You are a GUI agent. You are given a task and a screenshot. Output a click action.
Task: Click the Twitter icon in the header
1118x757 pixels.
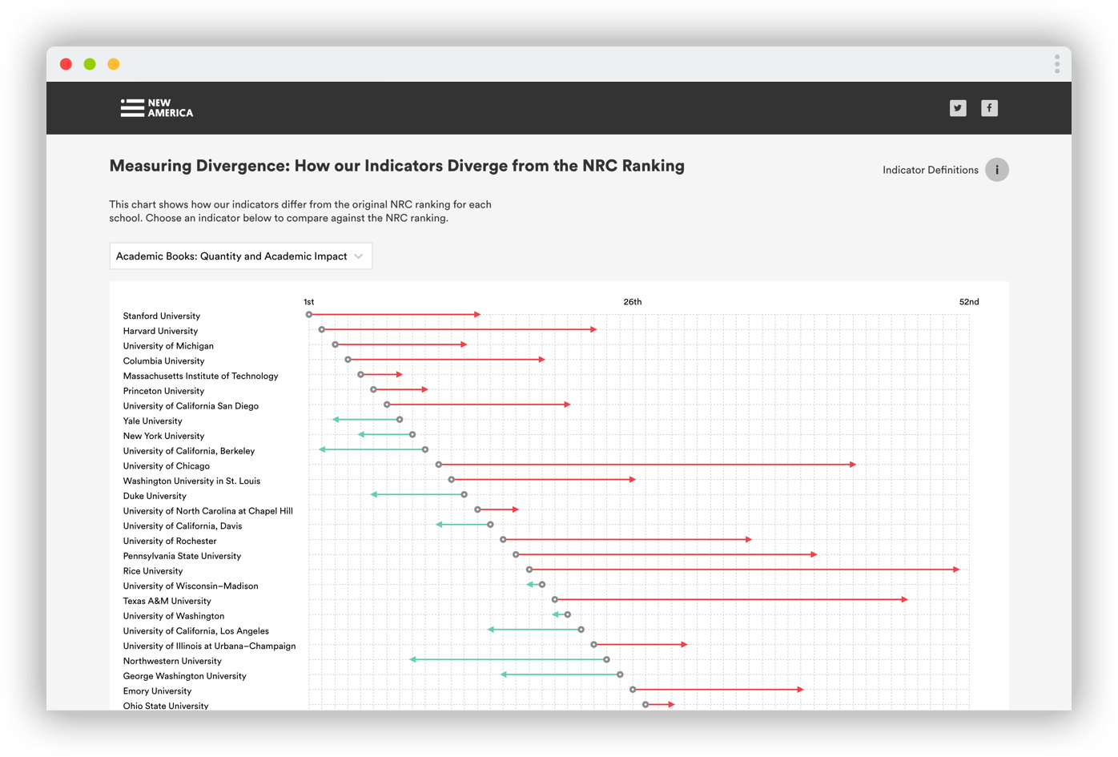(x=958, y=108)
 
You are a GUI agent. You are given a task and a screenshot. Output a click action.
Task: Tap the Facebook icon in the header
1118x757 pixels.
(x=990, y=108)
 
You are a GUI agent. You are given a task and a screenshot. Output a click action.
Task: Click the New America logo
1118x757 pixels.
(x=157, y=108)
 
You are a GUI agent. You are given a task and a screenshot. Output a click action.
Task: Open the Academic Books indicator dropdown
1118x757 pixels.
(x=240, y=256)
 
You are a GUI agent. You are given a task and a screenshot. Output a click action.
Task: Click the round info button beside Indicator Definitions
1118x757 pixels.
(x=996, y=170)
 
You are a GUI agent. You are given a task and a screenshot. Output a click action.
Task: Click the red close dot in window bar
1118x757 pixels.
(x=66, y=64)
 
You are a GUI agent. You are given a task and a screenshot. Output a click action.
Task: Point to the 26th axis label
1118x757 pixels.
(x=632, y=302)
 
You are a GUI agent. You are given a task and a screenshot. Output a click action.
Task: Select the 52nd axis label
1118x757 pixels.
(x=968, y=302)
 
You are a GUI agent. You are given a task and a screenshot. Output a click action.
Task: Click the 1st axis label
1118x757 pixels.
(x=308, y=302)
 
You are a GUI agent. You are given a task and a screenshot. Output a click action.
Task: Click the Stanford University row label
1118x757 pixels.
(x=162, y=316)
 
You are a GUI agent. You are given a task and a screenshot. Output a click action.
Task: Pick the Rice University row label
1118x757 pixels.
(x=153, y=571)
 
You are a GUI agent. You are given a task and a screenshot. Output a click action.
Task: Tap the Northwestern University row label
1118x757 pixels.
(x=172, y=661)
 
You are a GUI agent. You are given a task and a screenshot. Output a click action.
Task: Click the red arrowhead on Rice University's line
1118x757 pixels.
(x=956, y=570)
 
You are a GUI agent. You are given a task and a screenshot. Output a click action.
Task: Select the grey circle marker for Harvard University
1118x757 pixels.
(x=322, y=329)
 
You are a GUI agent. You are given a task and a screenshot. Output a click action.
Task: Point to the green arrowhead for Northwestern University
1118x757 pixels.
(x=413, y=659)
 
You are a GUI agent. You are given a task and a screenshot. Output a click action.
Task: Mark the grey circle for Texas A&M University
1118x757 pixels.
(x=555, y=599)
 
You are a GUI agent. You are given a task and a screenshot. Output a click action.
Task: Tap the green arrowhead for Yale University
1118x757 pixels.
(x=336, y=420)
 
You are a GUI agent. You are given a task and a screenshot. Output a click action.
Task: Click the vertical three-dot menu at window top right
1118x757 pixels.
(x=1057, y=64)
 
